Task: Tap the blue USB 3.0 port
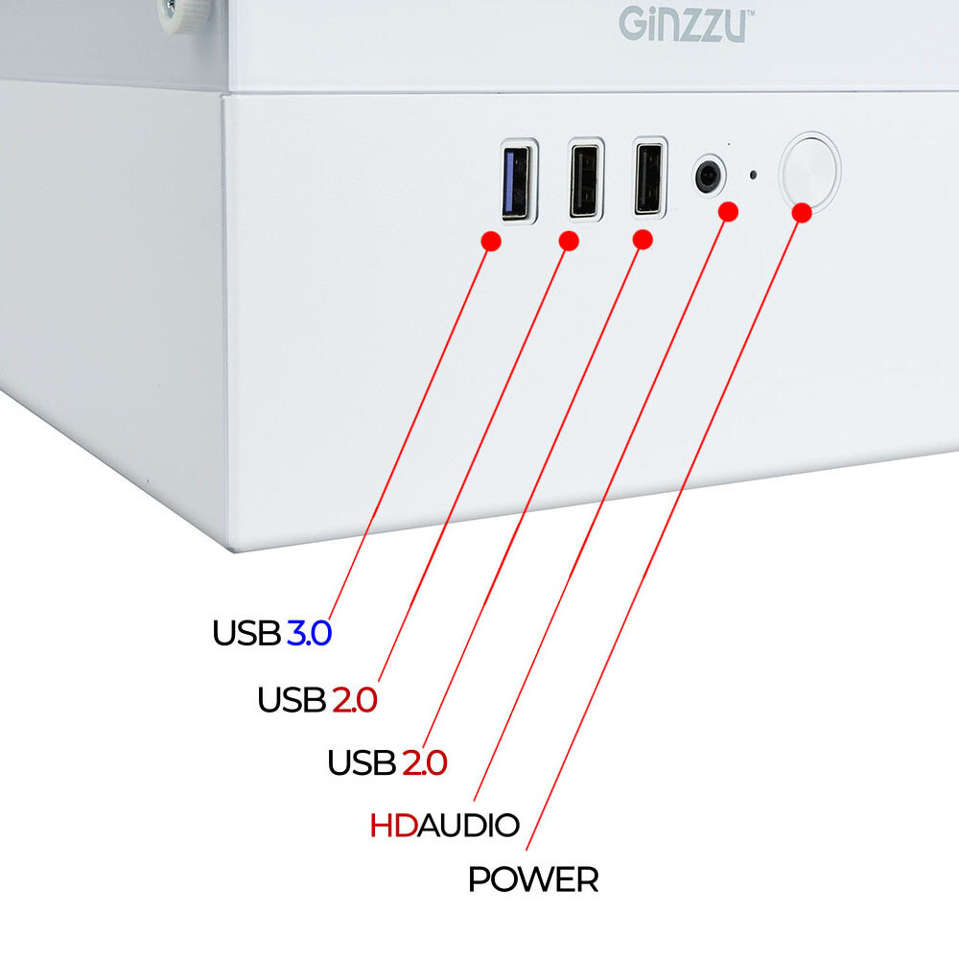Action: point(519,180)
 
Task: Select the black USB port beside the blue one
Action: point(585,179)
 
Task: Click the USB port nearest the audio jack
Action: point(650,177)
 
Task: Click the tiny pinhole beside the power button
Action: point(753,175)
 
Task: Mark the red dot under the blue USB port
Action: point(491,240)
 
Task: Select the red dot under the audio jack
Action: point(729,211)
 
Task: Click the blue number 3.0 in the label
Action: point(309,634)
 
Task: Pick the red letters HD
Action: point(393,825)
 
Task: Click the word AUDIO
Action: point(469,825)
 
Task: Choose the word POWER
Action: point(533,879)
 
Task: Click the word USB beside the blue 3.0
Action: point(246,634)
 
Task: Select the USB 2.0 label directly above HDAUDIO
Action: point(386,763)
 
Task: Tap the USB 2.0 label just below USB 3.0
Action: point(316,700)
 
